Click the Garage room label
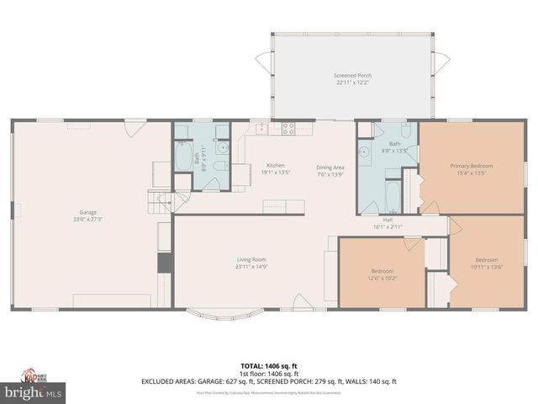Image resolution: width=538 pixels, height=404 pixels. [x=88, y=212]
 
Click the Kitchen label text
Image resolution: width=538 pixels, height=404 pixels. [x=276, y=165]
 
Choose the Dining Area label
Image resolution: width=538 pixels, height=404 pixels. [x=330, y=167]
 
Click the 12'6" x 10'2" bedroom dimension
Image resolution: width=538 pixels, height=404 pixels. [x=382, y=277]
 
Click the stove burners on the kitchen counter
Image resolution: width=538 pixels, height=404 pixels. [x=288, y=129]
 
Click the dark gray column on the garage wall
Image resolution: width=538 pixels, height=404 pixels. [x=165, y=262]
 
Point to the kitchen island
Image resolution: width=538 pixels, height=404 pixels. [x=283, y=205]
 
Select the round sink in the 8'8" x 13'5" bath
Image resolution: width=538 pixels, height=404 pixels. [x=366, y=153]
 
